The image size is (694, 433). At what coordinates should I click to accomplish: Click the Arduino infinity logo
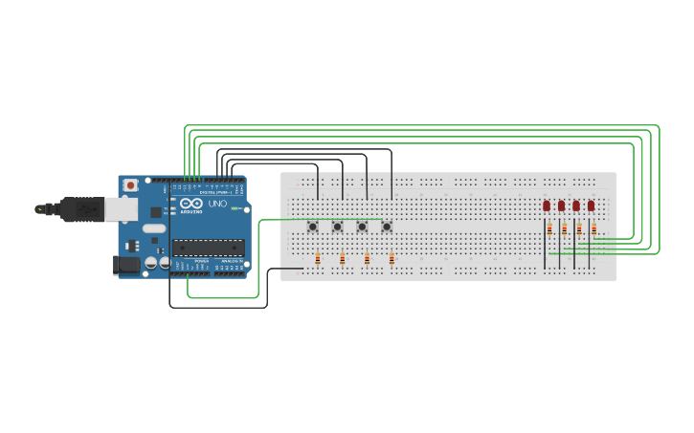coord(190,205)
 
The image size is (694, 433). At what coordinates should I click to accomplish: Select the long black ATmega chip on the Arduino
coord(208,247)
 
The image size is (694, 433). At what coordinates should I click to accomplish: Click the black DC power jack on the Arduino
coord(127,264)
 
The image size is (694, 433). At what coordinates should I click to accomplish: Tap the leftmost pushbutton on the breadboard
coord(313,227)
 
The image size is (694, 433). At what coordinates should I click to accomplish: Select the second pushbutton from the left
coord(338,227)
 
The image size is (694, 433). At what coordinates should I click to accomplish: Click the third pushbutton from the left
coord(363,227)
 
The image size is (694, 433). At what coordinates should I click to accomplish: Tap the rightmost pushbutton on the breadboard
coord(387,227)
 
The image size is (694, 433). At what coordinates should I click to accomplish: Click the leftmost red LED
coord(547,206)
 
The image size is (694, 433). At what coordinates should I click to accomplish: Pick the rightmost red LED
coord(591,206)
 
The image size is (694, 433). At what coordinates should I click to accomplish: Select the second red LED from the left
coord(561,206)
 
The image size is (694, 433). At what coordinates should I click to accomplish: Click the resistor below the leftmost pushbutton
coord(318,258)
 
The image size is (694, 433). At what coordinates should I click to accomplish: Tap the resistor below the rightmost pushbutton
coord(392,258)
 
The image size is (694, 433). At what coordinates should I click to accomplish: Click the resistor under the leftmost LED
coord(549,228)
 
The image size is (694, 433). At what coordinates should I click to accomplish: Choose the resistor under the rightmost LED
coord(593,228)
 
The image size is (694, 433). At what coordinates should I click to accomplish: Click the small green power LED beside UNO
coord(234,207)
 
